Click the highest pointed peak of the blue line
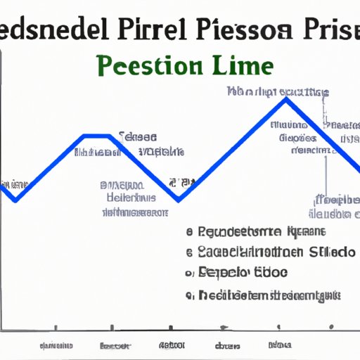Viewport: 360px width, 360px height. tap(285, 100)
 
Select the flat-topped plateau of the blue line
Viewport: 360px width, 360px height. tap(97, 135)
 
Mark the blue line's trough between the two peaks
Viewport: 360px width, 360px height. tap(179, 200)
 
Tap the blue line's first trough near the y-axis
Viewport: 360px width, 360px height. tap(15, 200)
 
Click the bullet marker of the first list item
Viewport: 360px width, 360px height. tap(189, 231)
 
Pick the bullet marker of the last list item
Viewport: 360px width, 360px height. tap(189, 296)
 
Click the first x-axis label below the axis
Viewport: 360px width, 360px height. tap(57, 346)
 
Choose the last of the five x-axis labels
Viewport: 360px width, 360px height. tap(278, 346)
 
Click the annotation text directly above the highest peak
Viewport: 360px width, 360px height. tap(280, 91)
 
